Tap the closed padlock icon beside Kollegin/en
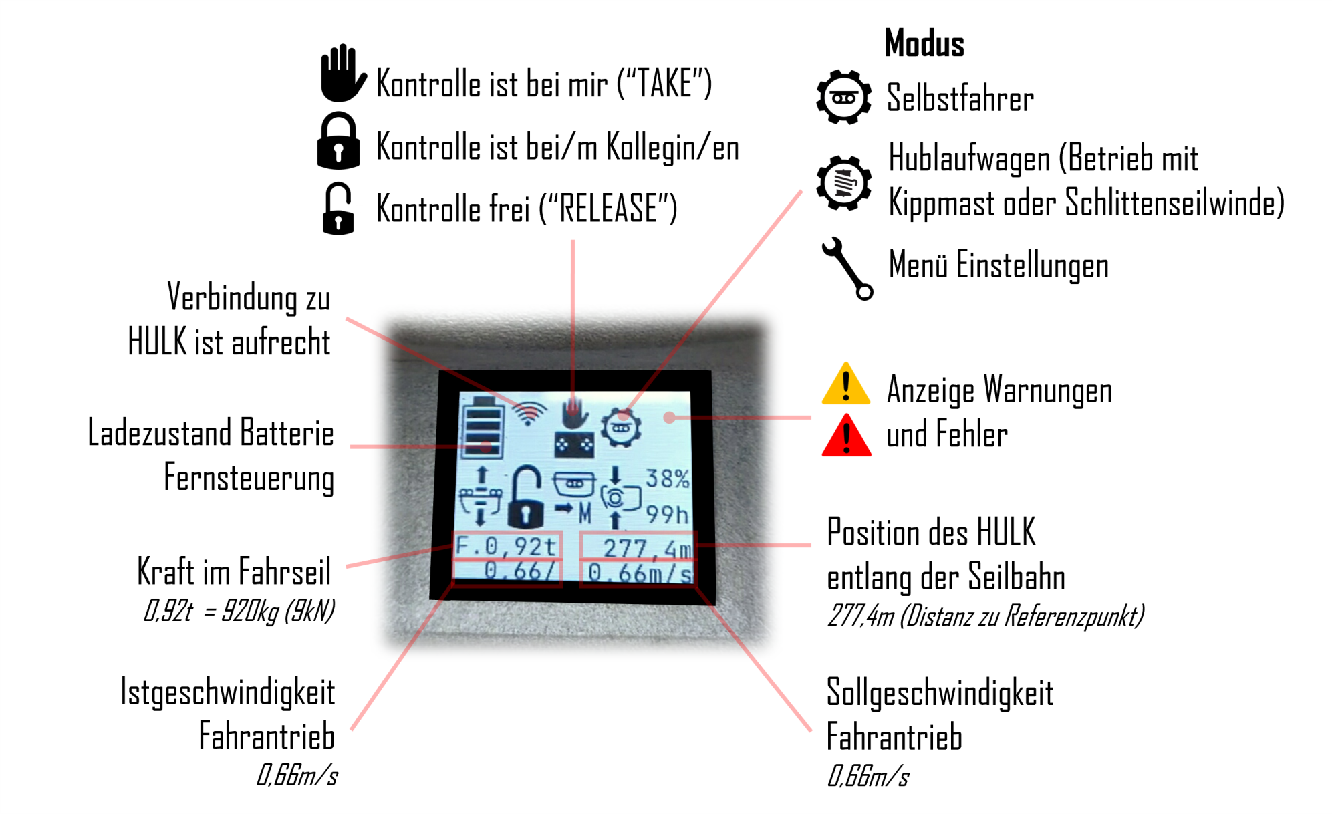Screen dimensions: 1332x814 338,140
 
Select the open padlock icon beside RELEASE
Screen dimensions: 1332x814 338,209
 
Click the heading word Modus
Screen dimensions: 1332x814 924,44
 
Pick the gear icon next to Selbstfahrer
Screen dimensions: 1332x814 843,97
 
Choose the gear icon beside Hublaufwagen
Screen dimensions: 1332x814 843,182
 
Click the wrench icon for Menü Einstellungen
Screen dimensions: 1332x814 847,269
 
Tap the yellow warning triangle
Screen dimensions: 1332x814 846,384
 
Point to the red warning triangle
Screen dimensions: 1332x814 846,435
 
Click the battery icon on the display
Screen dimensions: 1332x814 483,426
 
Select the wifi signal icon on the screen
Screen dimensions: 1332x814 529,413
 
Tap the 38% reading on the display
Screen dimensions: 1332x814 667,479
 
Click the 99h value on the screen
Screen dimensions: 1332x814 667,514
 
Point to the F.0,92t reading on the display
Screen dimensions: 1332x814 506,547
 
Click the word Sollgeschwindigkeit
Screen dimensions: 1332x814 940,693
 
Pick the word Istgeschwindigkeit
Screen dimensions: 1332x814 227,692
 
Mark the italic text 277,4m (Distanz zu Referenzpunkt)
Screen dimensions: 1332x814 985,616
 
